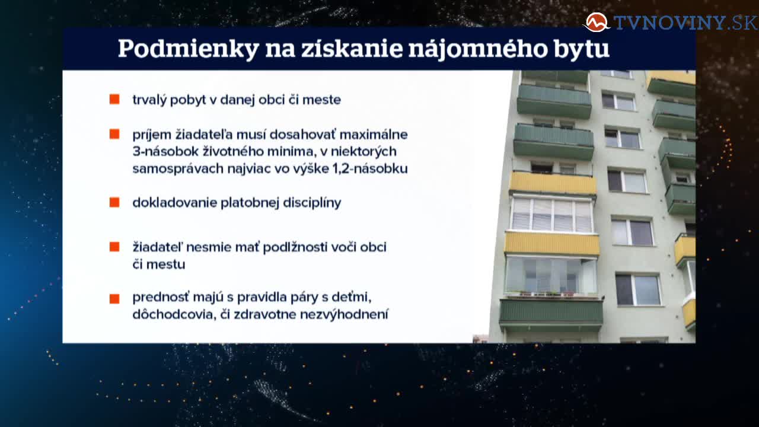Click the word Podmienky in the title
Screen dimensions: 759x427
pyautogui.click(x=189, y=49)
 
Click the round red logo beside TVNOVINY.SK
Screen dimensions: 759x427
pyautogui.click(x=597, y=23)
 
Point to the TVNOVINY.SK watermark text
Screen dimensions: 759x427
pyautogui.click(x=685, y=23)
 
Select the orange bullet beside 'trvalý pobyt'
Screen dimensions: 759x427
pyautogui.click(x=114, y=99)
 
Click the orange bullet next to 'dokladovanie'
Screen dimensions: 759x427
pyautogui.click(x=114, y=202)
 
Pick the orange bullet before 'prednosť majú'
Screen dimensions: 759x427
pyautogui.click(x=114, y=298)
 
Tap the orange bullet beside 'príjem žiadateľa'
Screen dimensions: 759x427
pyautogui.click(x=114, y=134)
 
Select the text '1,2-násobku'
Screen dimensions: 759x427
pyautogui.click(x=371, y=168)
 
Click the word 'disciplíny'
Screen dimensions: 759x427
pyautogui.click(x=312, y=203)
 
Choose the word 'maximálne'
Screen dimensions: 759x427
pyautogui.click(x=374, y=135)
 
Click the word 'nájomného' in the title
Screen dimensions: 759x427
pyautogui.click(x=478, y=49)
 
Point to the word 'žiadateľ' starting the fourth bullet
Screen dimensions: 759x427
pyautogui.click(x=157, y=247)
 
